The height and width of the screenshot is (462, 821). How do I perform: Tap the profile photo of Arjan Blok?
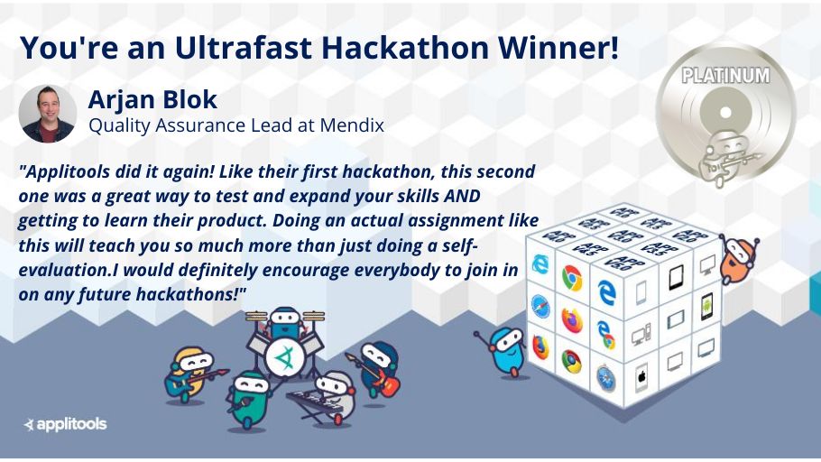47,114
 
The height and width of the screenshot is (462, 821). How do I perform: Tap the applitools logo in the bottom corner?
65,423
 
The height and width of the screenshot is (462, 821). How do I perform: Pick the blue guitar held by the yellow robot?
180,383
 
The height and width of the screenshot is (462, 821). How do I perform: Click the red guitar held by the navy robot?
386,383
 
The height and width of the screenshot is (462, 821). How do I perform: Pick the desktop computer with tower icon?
641,336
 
